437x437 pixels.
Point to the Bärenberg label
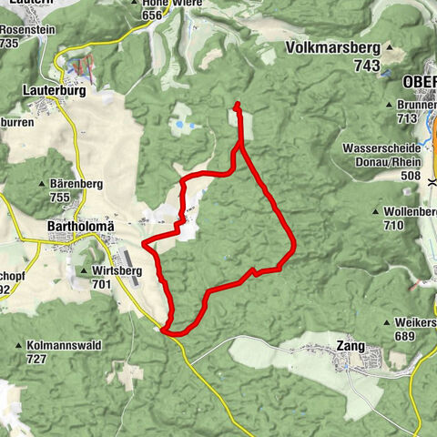point(76,184)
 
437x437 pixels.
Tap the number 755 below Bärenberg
point(61,198)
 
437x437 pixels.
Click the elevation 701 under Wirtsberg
point(102,284)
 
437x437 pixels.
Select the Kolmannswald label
point(64,346)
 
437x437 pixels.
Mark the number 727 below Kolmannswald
point(36,360)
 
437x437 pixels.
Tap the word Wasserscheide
point(381,147)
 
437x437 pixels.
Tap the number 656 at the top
point(152,15)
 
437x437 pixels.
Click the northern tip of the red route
point(237,105)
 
